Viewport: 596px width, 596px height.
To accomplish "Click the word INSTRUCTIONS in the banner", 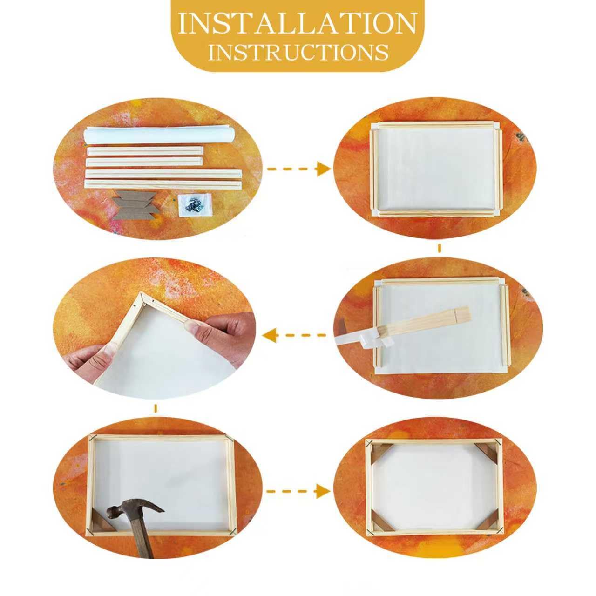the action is pyautogui.click(x=298, y=52).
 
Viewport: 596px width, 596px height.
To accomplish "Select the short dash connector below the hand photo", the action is pyautogui.click(x=155, y=408).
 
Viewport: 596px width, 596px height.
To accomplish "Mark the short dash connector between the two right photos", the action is pyautogui.click(x=439, y=248).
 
